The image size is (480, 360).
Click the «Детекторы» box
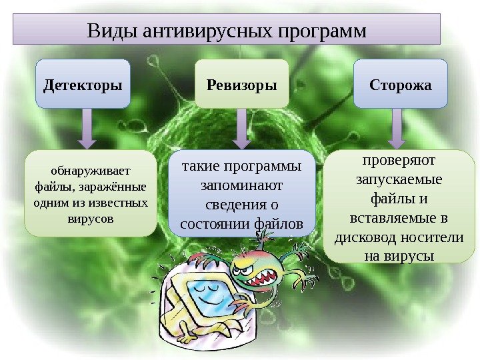(83, 85)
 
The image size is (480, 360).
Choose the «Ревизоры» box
(241, 85)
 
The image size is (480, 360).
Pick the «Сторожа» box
(400, 85)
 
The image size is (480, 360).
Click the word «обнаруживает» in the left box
(91, 169)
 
